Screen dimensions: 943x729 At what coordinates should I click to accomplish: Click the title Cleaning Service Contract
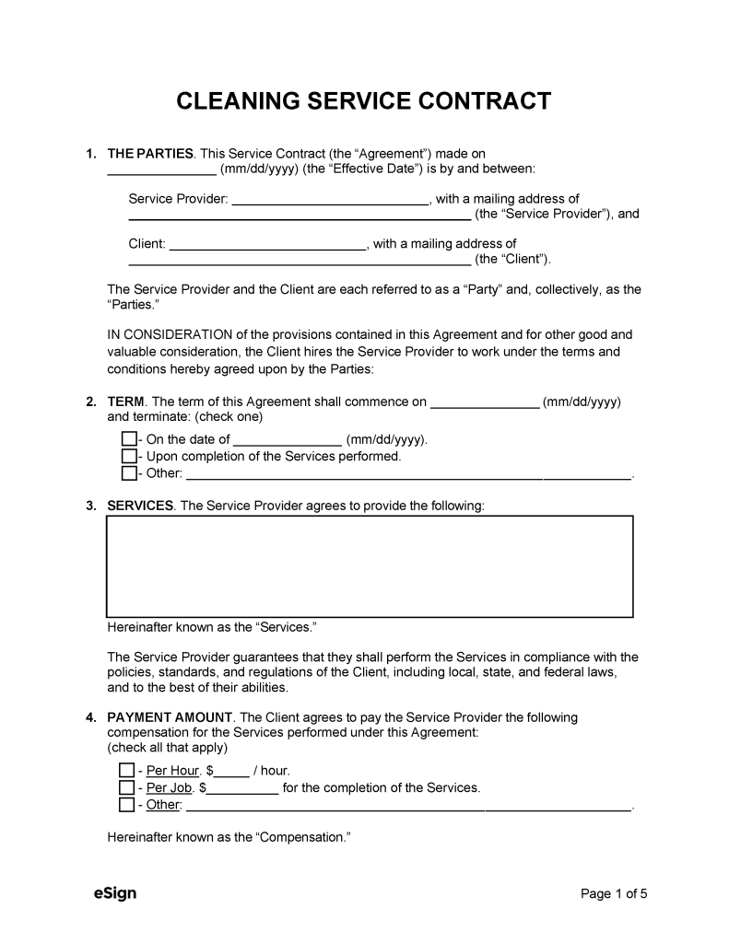coord(364,100)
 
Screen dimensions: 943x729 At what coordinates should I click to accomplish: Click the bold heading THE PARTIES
coord(150,153)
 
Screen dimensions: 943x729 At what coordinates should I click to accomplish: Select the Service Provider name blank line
coord(329,200)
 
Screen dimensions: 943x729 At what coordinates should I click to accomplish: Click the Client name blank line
coord(268,245)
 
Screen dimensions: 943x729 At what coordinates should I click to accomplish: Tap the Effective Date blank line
coord(161,170)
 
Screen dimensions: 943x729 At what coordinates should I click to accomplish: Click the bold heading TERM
coord(126,402)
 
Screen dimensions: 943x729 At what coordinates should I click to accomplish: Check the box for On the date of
coord(129,439)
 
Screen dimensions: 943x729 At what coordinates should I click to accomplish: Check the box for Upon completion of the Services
coord(129,457)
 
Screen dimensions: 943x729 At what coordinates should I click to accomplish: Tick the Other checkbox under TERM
coord(129,474)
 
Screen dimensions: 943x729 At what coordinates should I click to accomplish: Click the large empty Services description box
coord(370,565)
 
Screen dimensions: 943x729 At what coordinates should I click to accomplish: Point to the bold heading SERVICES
coord(140,506)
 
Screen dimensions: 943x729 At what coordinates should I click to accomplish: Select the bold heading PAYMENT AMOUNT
coord(171,717)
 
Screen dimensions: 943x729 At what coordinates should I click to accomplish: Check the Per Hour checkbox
coord(126,770)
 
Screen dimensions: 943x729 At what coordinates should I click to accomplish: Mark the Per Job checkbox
coord(126,787)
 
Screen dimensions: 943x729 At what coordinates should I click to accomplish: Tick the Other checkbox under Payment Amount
coord(126,805)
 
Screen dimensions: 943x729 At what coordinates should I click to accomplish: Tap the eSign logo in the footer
coord(115,893)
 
